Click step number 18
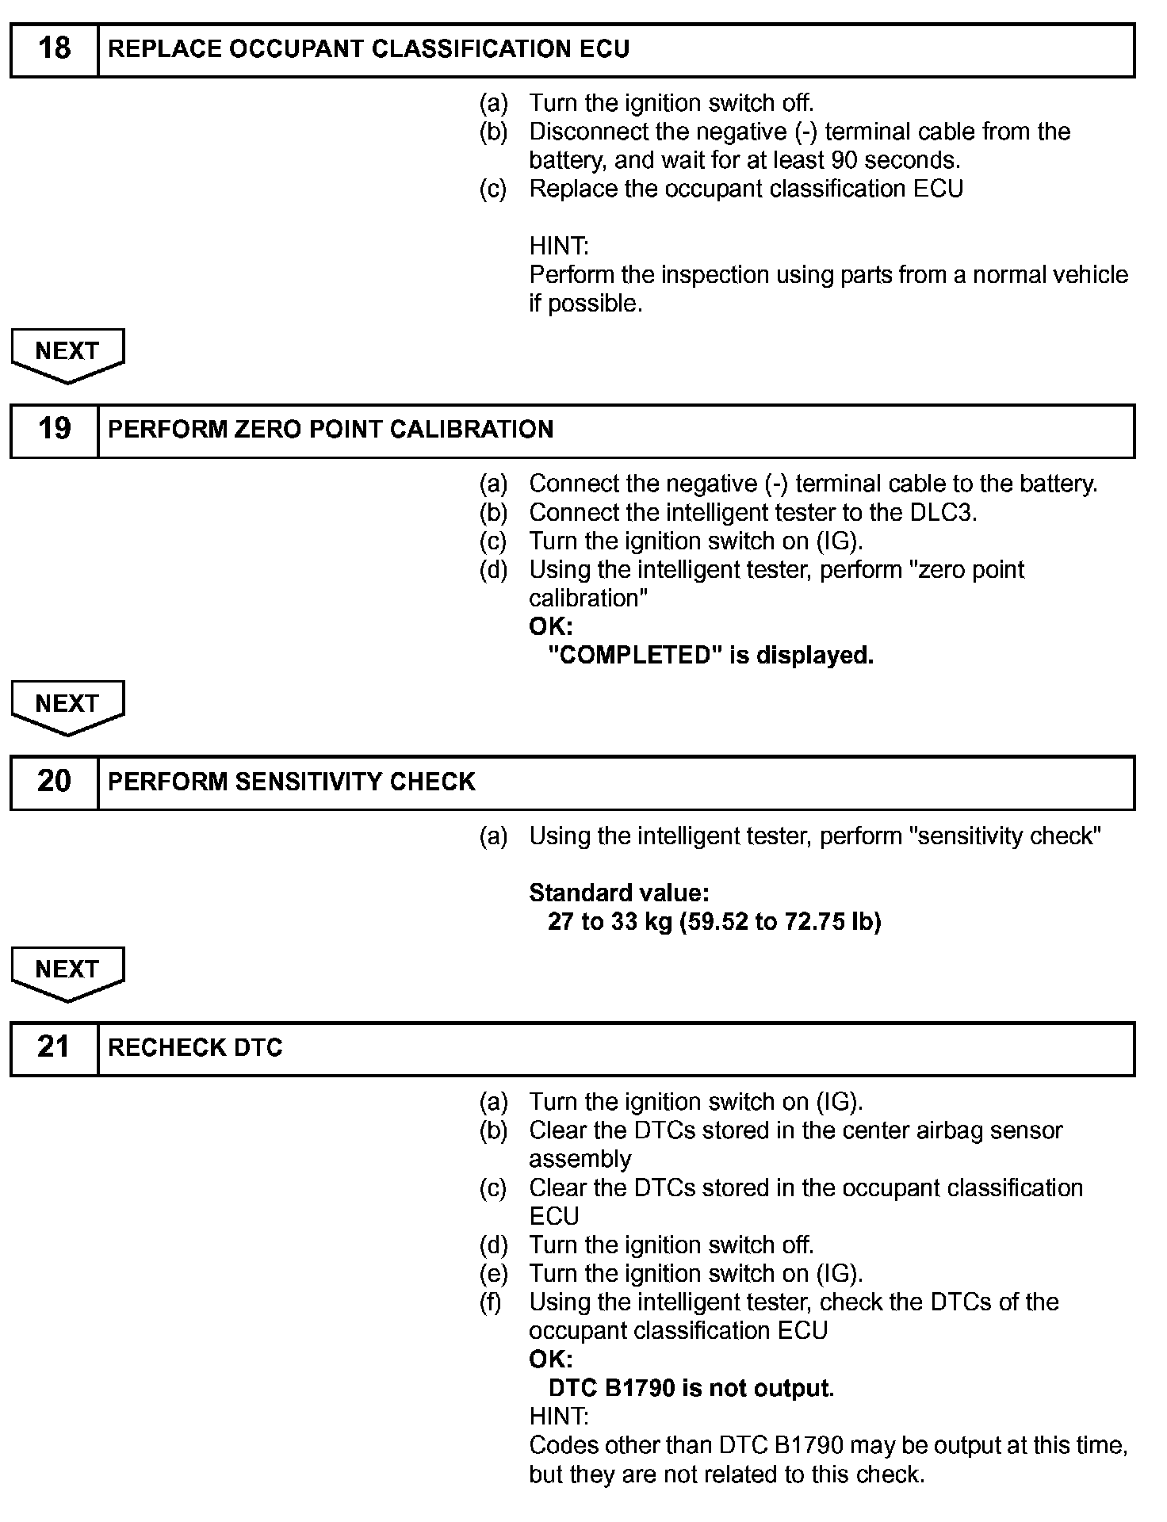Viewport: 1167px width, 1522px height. click(54, 49)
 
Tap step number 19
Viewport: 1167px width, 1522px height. click(54, 430)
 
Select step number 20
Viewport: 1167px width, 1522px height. click(54, 782)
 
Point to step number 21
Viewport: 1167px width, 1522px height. click(54, 1047)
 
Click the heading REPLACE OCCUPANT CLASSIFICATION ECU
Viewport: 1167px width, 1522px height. click(369, 49)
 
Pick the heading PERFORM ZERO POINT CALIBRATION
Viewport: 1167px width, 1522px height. click(331, 430)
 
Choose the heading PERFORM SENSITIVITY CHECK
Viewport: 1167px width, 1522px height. click(291, 782)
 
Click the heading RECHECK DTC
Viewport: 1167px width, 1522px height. click(195, 1048)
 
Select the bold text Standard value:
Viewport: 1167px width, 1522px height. click(619, 893)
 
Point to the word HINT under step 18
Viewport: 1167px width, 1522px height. click(559, 246)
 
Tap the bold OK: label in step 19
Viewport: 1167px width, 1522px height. click(550, 626)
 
